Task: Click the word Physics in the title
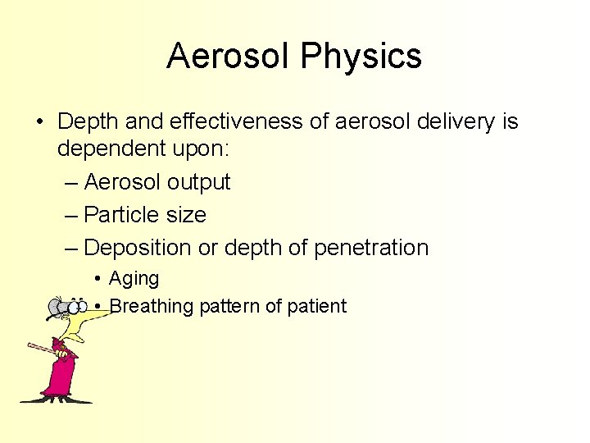(361, 57)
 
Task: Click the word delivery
(453, 122)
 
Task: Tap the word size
(188, 215)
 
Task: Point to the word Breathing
(151, 307)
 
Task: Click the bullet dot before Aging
(98, 279)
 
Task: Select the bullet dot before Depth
(40, 123)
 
